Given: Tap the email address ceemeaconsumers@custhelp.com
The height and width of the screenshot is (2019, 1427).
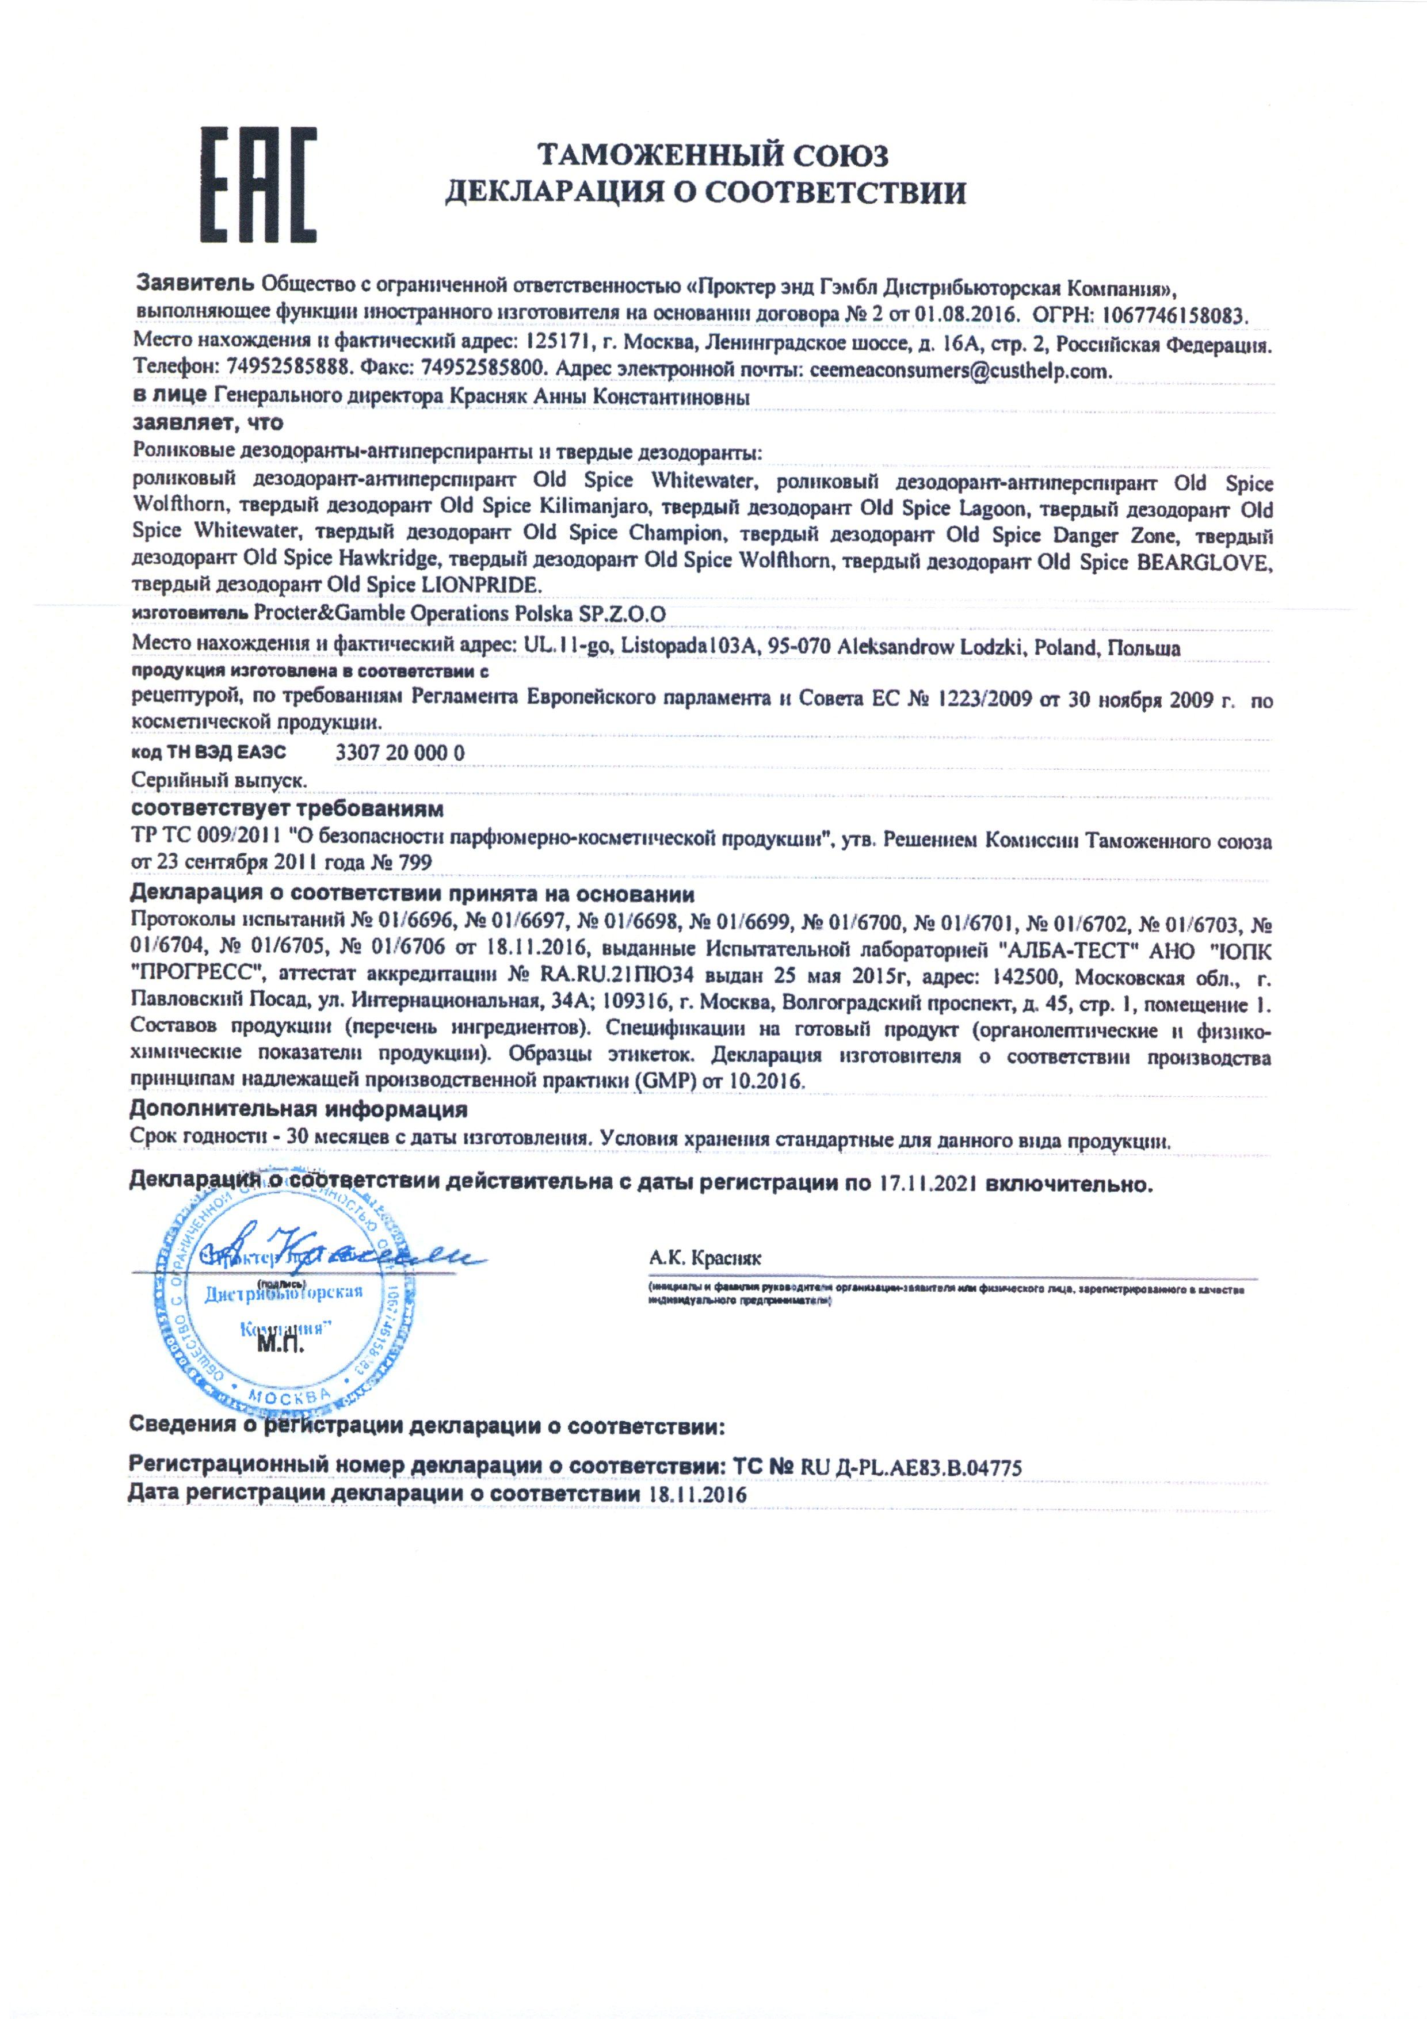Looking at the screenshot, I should point(961,370).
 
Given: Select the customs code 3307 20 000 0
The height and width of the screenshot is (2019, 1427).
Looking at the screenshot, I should point(400,753).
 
